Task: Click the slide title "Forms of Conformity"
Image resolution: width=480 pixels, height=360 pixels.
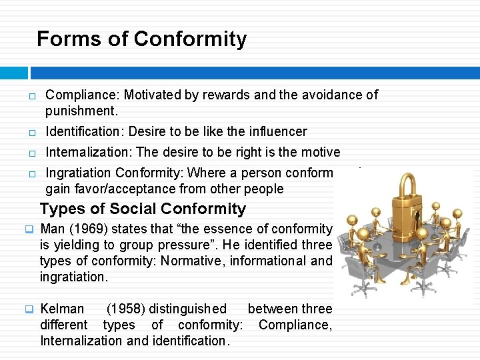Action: [x=141, y=39]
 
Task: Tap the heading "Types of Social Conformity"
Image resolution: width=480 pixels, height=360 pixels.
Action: [x=143, y=209]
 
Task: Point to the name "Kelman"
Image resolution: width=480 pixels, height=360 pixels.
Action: [x=62, y=309]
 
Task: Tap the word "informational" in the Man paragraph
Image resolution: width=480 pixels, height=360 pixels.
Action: [x=269, y=261]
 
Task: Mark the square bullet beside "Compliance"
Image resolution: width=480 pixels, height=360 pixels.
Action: [x=31, y=96]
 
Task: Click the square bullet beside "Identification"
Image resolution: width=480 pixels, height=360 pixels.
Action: [x=31, y=133]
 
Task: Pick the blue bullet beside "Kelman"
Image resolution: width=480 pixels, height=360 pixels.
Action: [x=29, y=309]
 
